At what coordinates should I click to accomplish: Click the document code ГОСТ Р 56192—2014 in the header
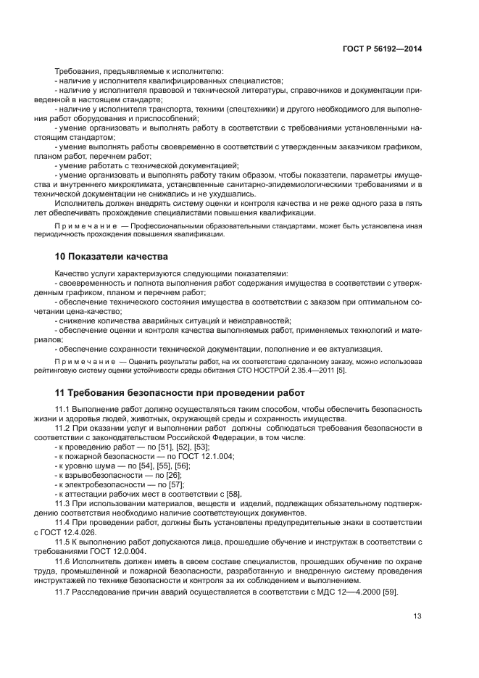tap(382, 49)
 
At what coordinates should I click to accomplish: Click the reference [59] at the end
tap(390, 592)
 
